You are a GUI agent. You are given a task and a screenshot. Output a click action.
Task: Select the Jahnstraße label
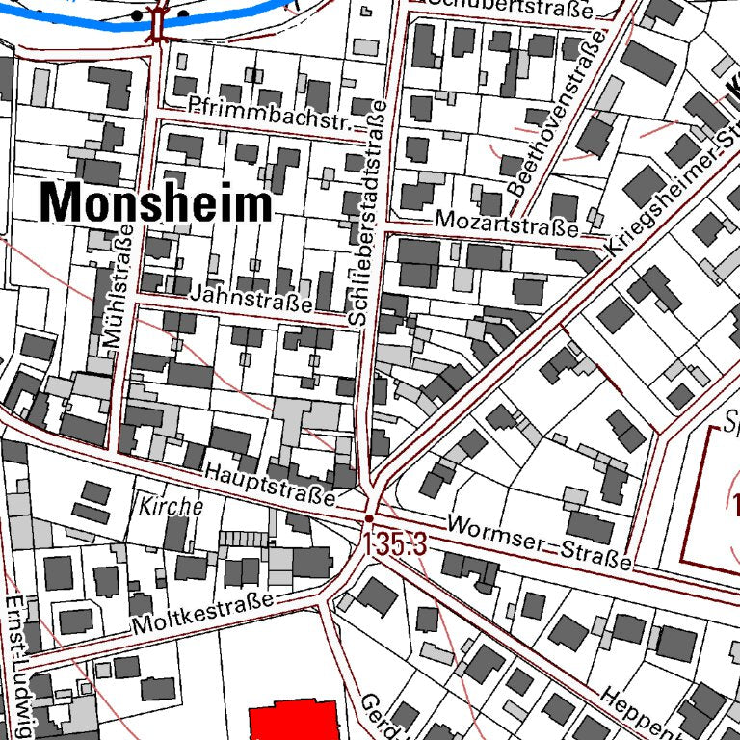[x=251, y=298]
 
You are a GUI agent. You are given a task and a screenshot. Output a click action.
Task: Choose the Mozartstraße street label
[x=506, y=224]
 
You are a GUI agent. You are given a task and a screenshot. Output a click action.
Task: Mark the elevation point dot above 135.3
[x=369, y=517]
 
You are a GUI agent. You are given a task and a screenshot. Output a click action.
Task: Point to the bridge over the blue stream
[x=158, y=20]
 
